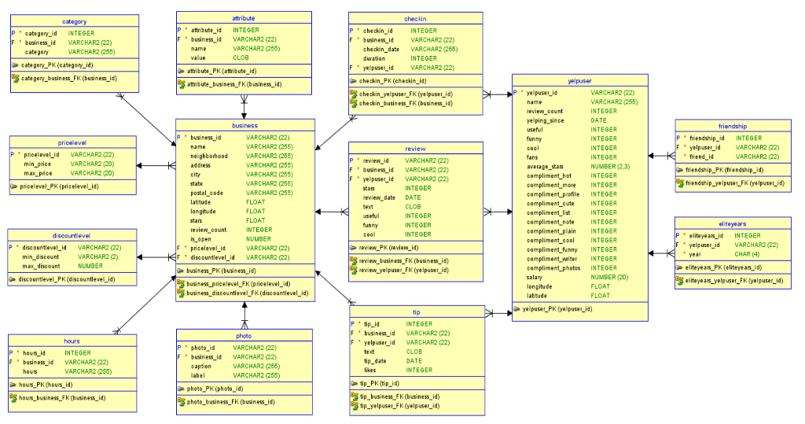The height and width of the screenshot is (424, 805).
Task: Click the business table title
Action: tap(244, 125)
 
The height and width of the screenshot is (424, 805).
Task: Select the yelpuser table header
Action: tap(579, 80)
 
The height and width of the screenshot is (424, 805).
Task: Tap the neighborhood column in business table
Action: tap(209, 156)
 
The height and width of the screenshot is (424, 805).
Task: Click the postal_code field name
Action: tap(207, 193)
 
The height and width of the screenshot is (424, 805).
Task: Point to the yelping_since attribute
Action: tap(546, 120)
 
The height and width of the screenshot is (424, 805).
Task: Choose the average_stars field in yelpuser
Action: tap(548, 167)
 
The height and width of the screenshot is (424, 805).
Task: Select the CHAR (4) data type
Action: tap(746, 254)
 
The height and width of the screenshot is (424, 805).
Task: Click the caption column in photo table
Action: tap(203, 366)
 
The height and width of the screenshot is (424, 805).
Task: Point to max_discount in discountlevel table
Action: tap(41, 266)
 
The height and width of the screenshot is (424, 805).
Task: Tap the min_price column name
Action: tap(38, 164)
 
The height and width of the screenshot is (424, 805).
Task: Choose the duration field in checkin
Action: tap(374, 58)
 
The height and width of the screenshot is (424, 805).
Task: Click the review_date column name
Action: tap(379, 197)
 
